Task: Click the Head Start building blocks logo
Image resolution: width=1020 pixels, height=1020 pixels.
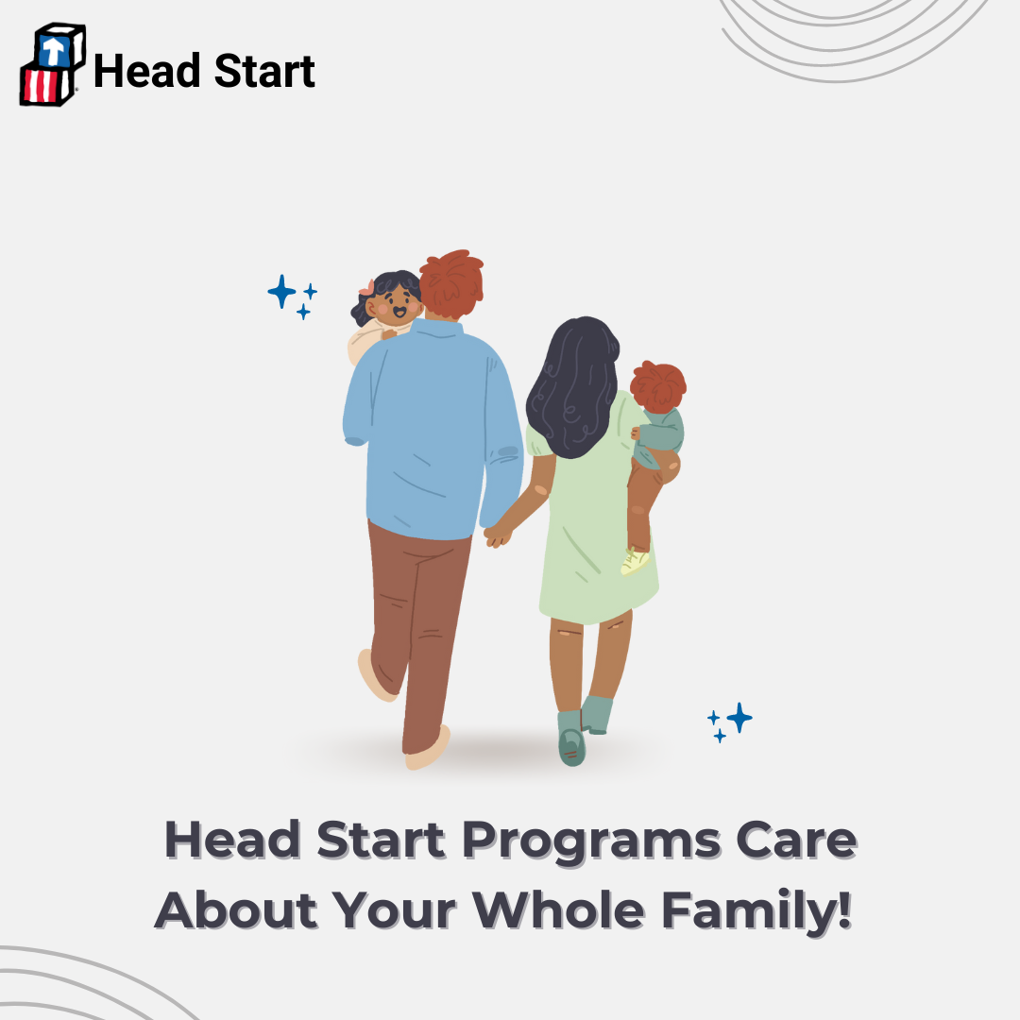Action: click(53, 64)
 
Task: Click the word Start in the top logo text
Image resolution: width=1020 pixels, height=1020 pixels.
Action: click(264, 71)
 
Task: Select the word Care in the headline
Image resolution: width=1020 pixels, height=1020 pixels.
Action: click(796, 840)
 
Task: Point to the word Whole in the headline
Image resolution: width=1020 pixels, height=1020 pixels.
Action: click(558, 909)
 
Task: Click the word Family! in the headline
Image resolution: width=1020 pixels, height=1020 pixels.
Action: click(756, 910)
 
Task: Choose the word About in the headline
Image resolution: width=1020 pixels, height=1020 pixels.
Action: click(235, 909)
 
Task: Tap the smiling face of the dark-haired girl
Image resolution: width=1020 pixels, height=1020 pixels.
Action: click(394, 304)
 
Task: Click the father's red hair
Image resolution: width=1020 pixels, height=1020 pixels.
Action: click(451, 283)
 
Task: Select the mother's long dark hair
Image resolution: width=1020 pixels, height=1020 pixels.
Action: click(572, 387)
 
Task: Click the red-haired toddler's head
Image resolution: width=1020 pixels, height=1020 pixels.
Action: click(657, 386)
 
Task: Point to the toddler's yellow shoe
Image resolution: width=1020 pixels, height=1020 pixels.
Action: click(635, 561)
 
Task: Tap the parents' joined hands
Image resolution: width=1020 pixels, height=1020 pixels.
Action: click(499, 535)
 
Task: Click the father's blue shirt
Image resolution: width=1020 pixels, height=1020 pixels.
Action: click(433, 430)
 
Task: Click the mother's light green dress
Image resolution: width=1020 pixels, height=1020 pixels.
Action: click(592, 514)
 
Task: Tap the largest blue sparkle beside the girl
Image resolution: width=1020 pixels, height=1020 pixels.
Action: click(281, 292)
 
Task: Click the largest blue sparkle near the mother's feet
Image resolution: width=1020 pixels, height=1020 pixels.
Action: click(739, 718)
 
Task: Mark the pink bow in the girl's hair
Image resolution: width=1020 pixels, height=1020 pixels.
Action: click(367, 287)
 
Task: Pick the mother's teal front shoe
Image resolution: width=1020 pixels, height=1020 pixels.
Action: click(571, 739)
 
